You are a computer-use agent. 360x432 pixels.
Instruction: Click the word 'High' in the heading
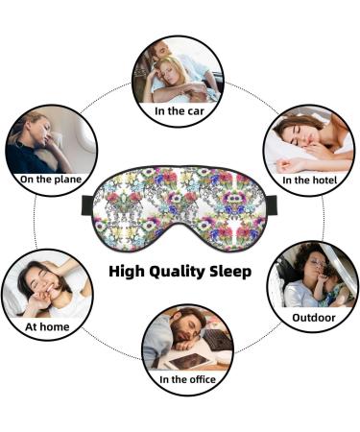(x=129, y=272)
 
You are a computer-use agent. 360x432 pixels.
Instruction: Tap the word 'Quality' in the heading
(x=182, y=272)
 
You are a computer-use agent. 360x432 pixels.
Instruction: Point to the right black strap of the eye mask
(x=272, y=203)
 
